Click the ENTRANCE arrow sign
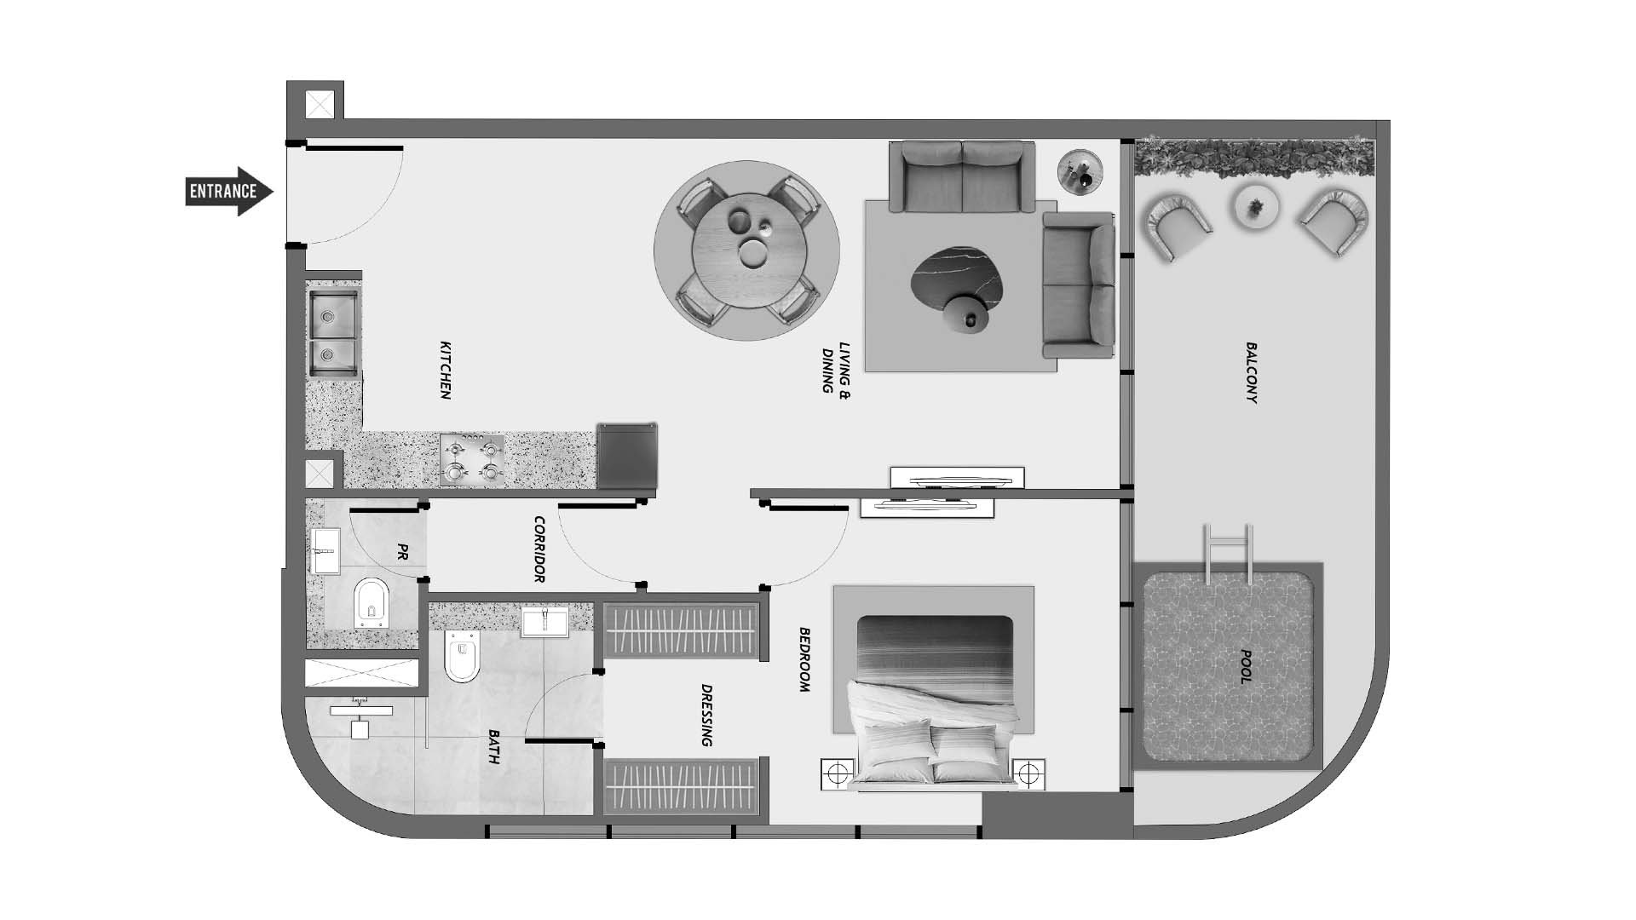coord(229,191)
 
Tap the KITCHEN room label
coord(445,371)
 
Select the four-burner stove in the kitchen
coord(472,460)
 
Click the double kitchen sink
coord(333,334)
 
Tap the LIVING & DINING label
coord(836,368)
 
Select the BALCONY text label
coord(1251,373)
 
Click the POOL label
coord(1245,668)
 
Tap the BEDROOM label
coord(804,659)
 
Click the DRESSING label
coord(706,716)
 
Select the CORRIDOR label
coord(539,549)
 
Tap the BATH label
coord(493,746)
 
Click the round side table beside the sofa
coord(1080,172)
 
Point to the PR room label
coord(400,551)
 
